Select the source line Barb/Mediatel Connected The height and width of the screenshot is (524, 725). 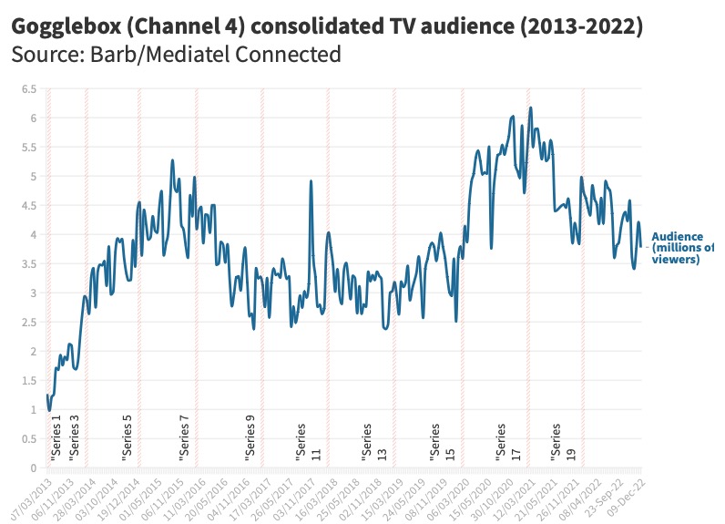tap(176, 55)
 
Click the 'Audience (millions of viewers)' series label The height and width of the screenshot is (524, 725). tap(683, 248)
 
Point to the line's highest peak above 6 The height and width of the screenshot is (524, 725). tap(530, 108)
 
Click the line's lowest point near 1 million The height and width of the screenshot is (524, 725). tap(49, 410)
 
